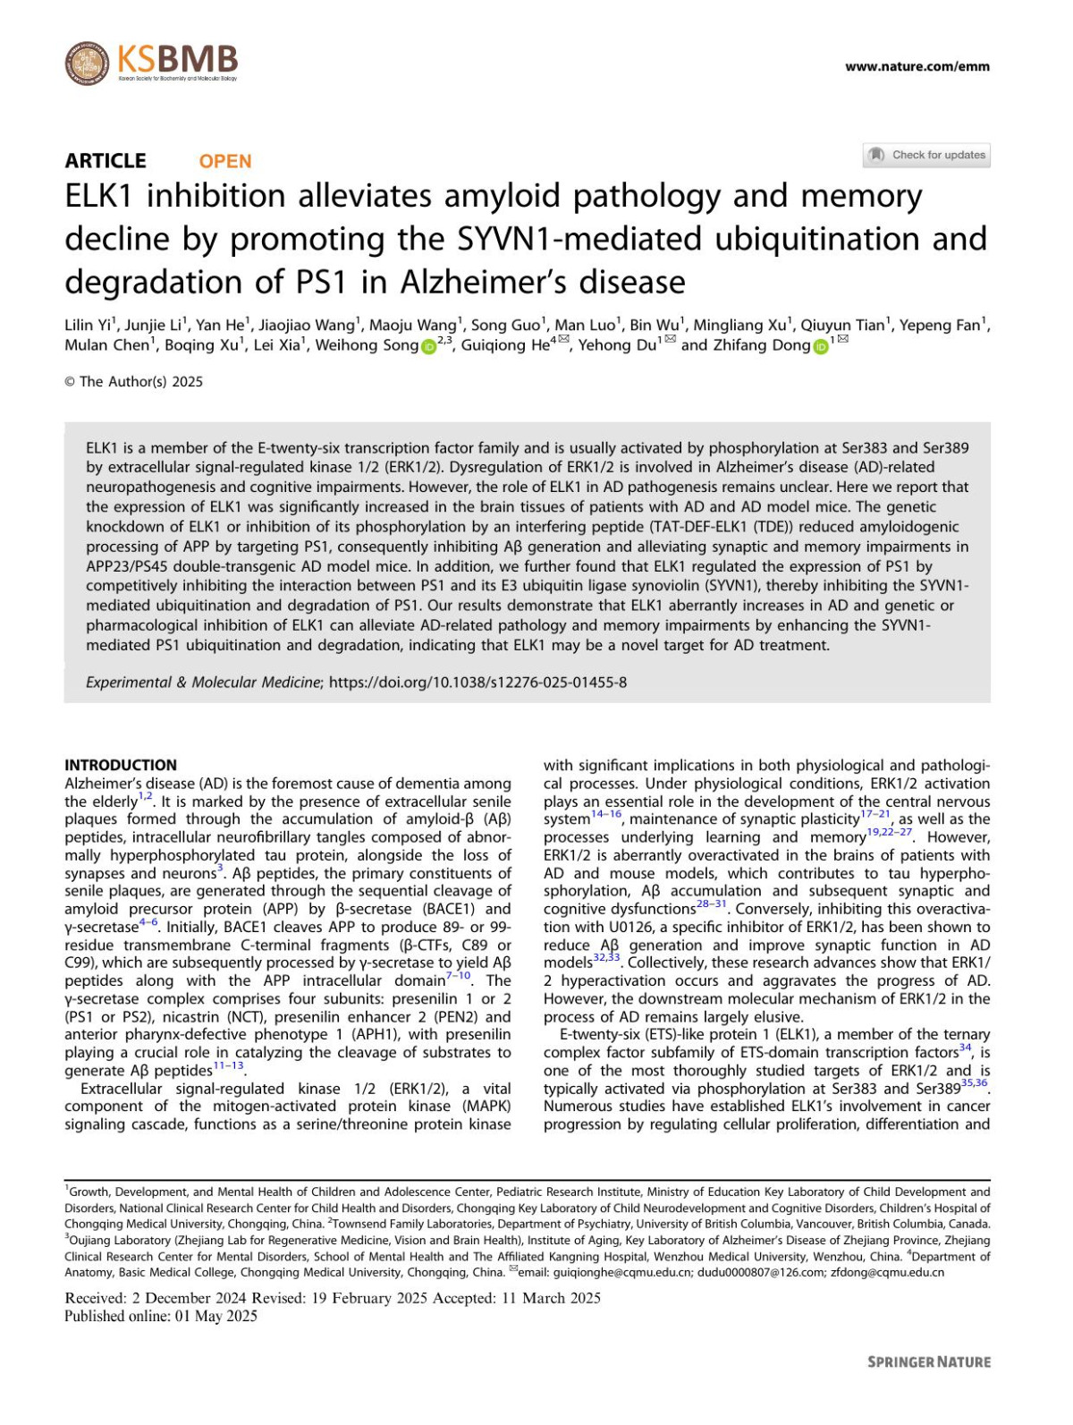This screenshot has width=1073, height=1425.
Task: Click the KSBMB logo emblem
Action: tap(87, 63)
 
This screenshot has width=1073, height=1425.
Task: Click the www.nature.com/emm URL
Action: tap(917, 66)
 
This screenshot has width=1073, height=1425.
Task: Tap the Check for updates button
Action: tap(926, 155)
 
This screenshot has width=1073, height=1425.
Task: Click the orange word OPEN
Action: tap(224, 161)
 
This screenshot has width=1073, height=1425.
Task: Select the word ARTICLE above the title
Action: tap(106, 161)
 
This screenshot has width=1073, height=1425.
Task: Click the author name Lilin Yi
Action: tap(88, 326)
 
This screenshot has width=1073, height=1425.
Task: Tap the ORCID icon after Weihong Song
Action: tap(428, 347)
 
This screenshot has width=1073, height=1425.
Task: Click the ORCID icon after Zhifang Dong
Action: tap(820, 347)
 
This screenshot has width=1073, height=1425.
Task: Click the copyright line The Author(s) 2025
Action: tap(134, 382)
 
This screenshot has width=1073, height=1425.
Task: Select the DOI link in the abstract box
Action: tap(477, 683)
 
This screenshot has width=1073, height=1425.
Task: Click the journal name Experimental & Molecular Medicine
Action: tap(203, 683)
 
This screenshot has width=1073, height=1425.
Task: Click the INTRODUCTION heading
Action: tap(121, 765)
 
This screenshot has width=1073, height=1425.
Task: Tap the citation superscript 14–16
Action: tap(605, 815)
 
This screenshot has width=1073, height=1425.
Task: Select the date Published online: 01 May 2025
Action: tap(161, 1316)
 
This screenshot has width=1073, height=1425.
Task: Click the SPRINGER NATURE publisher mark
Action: tap(928, 1361)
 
